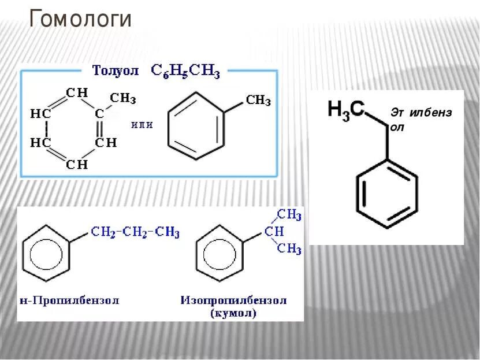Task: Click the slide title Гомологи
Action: click(x=80, y=19)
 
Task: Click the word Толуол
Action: click(x=116, y=70)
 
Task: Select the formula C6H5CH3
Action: click(x=185, y=71)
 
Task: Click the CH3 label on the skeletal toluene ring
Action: click(x=258, y=101)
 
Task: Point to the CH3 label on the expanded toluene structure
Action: click(x=123, y=98)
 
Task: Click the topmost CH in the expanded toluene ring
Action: click(x=77, y=92)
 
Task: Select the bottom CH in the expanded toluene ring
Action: click(x=77, y=165)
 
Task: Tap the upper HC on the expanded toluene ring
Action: click(x=40, y=114)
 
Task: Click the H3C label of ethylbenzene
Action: click(x=345, y=109)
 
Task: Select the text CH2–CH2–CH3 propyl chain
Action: click(x=135, y=232)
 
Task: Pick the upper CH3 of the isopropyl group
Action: click(x=289, y=215)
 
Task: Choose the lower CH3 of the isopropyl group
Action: click(x=289, y=249)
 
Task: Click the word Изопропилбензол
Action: click(x=233, y=300)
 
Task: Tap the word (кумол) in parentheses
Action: click(x=234, y=314)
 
